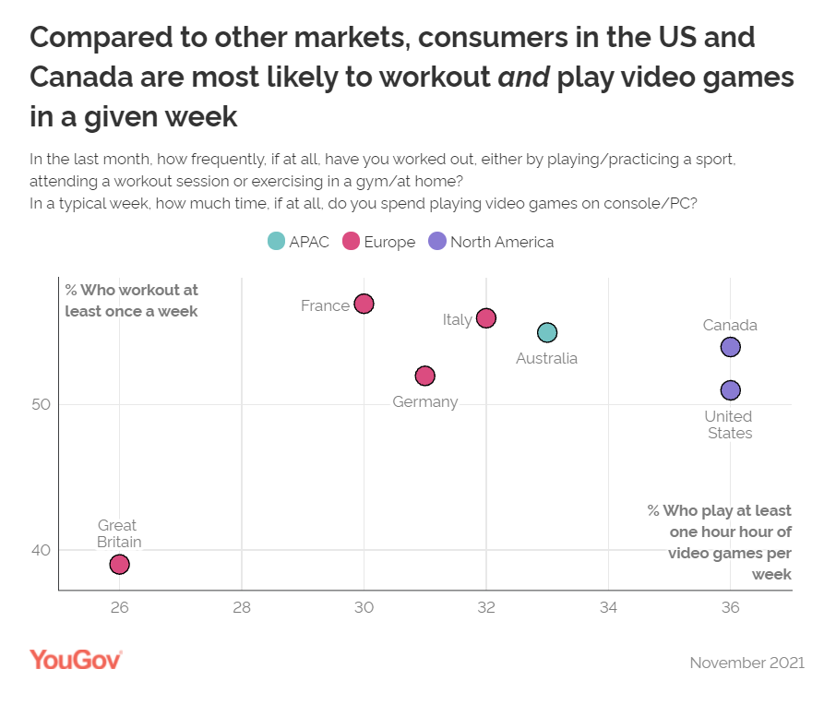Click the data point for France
click(364, 304)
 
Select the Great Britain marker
click(119, 564)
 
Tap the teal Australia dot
click(547, 332)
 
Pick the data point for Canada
click(730, 347)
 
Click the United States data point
click(730, 390)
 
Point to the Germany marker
click(424, 376)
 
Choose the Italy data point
click(486, 318)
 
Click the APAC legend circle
click(276, 242)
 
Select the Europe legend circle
click(352, 242)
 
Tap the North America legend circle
click(437, 242)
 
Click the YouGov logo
click(76, 660)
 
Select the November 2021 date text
click(746, 663)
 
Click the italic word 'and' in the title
click(524, 77)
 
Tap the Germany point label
click(424, 401)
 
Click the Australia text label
click(546, 358)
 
